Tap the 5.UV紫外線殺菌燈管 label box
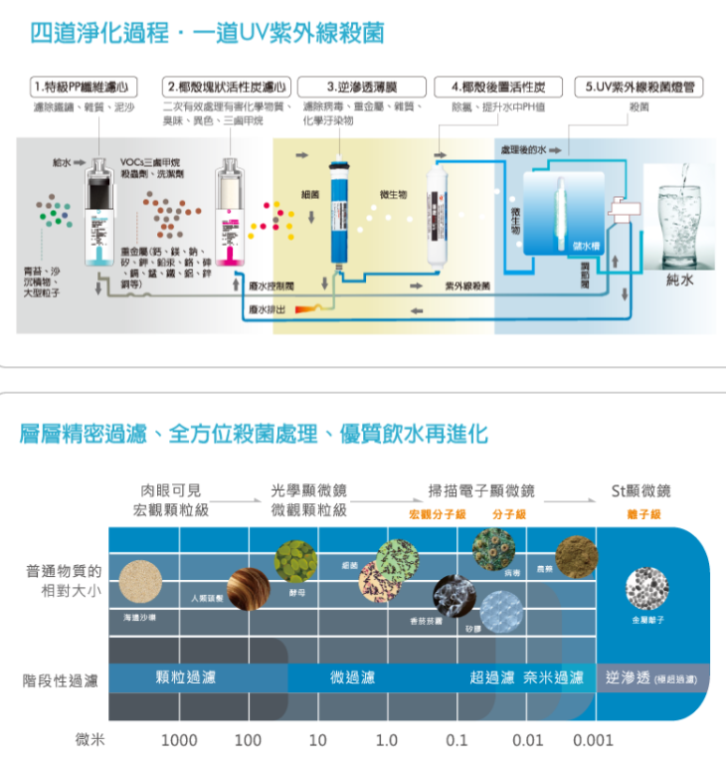pyautogui.click(x=638, y=87)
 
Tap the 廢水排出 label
pyautogui.click(x=267, y=310)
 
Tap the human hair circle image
pyautogui.click(x=248, y=589)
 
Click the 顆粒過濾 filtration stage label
pyautogui.click(x=186, y=678)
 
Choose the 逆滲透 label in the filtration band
pyautogui.click(x=629, y=678)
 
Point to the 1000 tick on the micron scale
pyautogui.click(x=179, y=740)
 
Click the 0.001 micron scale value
pyautogui.click(x=593, y=740)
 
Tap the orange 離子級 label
pyautogui.click(x=644, y=513)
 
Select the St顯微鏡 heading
pyautogui.click(x=640, y=490)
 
